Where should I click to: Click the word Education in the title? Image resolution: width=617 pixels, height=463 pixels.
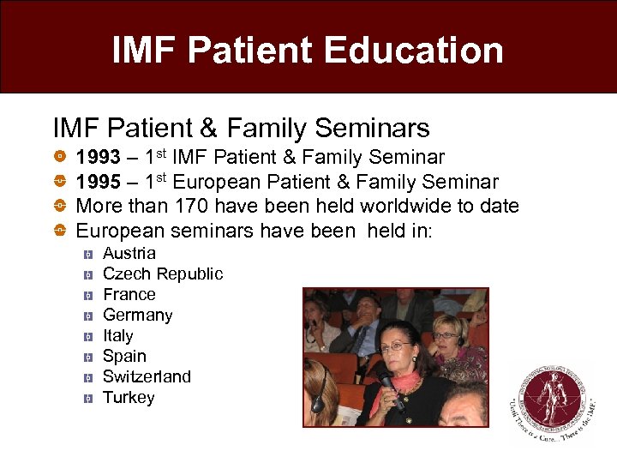tap(417, 51)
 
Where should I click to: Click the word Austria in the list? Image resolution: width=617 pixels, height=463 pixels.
tap(129, 254)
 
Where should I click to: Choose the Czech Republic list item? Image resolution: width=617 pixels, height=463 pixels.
tap(163, 274)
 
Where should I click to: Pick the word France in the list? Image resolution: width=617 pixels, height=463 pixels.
tap(129, 295)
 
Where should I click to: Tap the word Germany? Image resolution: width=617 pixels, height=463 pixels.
tap(138, 316)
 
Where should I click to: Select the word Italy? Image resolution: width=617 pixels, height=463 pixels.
tap(118, 336)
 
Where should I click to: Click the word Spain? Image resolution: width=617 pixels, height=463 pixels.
tap(125, 357)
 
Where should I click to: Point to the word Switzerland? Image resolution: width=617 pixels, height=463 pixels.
tap(147, 377)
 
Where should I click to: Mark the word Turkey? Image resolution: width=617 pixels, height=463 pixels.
tap(129, 398)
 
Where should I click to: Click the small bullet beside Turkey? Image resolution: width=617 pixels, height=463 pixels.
tap(87, 399)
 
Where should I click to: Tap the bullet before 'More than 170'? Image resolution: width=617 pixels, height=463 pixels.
tap(59, 206)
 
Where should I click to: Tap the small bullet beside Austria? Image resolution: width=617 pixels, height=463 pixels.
tap(87, 255)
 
